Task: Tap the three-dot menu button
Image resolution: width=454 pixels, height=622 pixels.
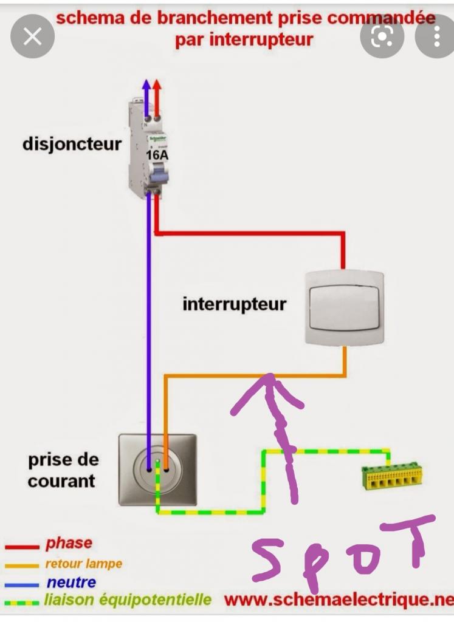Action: pyautogui.click(x=436, y=36)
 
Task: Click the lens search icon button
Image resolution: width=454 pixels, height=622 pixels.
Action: pyautogui.click(x=382, y=36)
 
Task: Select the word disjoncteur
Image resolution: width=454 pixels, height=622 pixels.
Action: pyautogui.click(x=72, y=145)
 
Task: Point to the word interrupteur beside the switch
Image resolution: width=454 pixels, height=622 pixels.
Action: pyautogui.click(x=234, y=303)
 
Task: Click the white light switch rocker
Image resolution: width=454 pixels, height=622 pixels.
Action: pyautogui.click(x=345, y=307)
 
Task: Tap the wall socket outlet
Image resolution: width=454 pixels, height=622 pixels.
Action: pyautogui.click(x=157, y=470)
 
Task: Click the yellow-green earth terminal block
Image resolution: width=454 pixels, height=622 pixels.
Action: pyautogui.click(x=392, y=477)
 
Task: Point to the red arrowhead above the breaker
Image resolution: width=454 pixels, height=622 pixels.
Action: pyautogui.click(x=157, y=86)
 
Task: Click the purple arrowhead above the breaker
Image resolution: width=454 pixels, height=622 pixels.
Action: pyautogui.click(x=146, y=86)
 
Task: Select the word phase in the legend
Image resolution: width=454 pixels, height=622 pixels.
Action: pyautogui.click(x=69, y=543)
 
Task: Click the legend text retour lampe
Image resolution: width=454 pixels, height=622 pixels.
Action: pyautogui.click(x=83, y=564)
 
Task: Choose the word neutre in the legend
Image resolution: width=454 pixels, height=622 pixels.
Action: pyautogui.click(x=71, y=583)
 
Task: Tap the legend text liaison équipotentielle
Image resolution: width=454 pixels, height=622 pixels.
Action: pyautogui.click(x=128, y=601)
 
